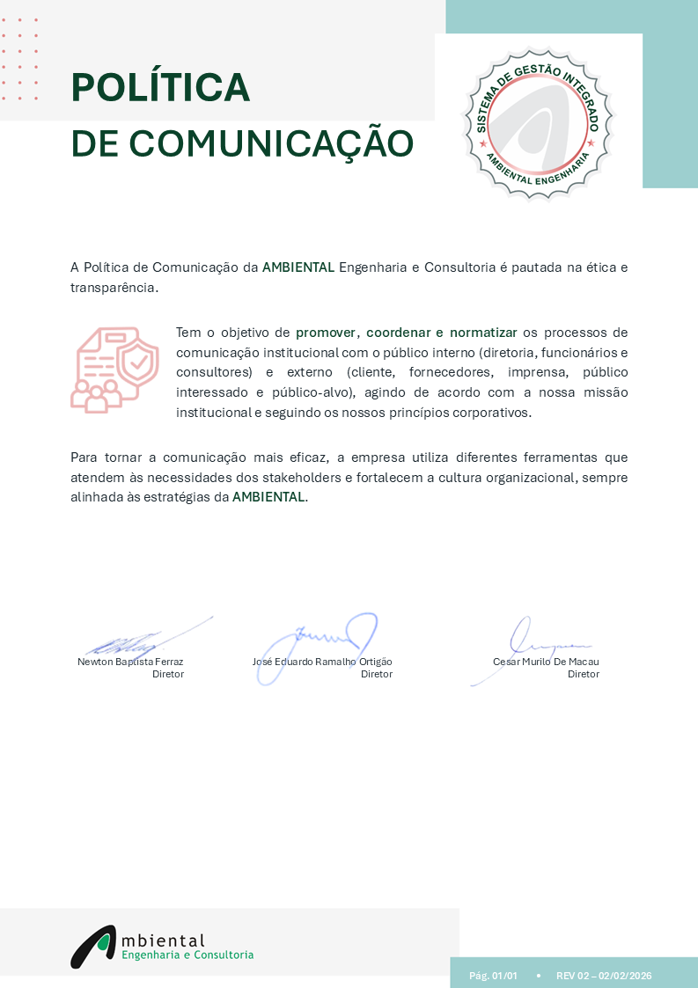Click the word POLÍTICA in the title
[x=160, y=87]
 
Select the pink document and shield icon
[x=114, y=370]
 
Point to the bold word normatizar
[x=483, y=333]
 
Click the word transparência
[x=114, y=288]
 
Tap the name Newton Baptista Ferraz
[x=130, y=662]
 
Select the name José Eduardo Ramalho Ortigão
[x=322, y=662]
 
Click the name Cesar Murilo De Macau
[x=546, y=662]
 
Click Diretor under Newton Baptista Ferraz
[x=168, y=674]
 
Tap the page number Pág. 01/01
[x=493, y=976]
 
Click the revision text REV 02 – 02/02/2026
[x=604, y=976]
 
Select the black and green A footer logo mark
[x=93, y=946]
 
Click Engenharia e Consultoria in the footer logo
[x=187, y=955]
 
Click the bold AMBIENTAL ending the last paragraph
[x=268, y=497]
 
